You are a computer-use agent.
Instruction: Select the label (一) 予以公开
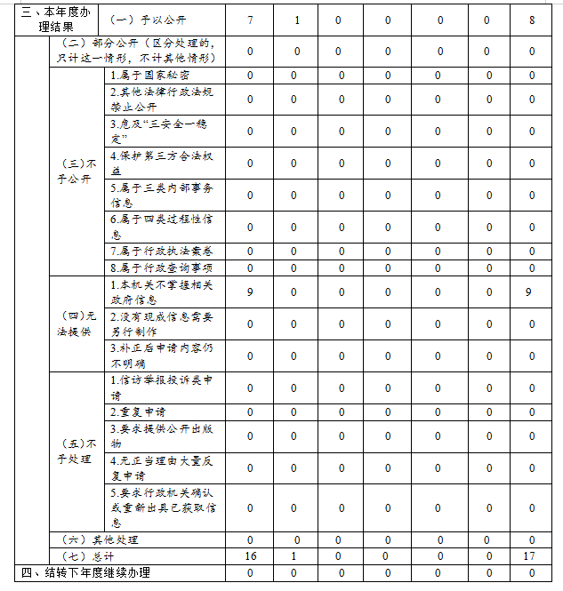(x=146, y=19)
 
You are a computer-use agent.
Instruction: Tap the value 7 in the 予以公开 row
(x=250, y=19)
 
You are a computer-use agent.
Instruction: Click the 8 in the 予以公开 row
(x=532, y=19)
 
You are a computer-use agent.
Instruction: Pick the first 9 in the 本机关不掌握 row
(x=250, y=292)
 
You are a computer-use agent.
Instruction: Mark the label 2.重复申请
(x=138, y=411)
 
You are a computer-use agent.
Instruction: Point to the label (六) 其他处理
(x=99, y=539)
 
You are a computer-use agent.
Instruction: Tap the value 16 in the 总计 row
(x=250, y=555)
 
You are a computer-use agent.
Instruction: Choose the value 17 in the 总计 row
(x=532, y=555)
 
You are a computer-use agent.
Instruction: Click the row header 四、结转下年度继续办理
(x=84, y=572)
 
